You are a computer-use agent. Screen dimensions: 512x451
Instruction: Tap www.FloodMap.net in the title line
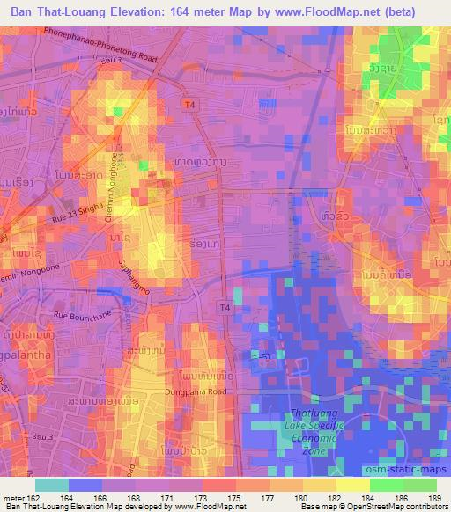(349, 12)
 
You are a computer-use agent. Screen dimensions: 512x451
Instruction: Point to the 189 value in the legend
(431, 498)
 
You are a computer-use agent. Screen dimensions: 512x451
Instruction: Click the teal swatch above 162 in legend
(52, 485)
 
